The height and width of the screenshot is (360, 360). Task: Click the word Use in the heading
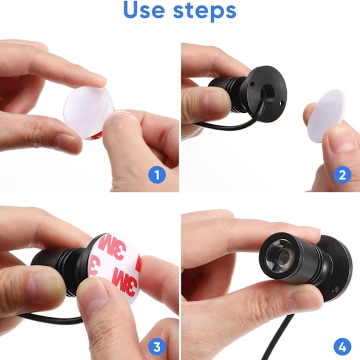[x=144, y=10]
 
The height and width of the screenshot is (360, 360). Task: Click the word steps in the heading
[x=205, y=12]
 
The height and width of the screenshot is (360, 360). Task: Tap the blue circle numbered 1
[x=157, y=175]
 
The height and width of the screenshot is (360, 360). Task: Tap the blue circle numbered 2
[x=343, y=175]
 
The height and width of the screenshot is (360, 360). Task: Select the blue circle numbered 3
[x=157, y=347]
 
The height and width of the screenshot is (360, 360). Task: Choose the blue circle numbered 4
[x=343, y=347]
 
